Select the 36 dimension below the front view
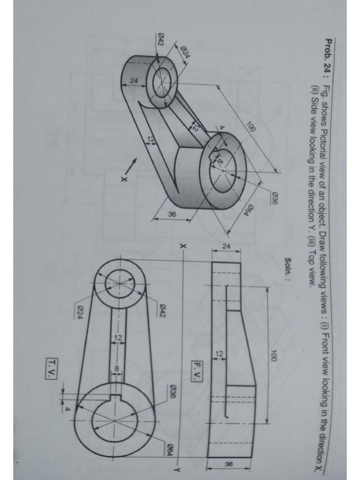point(228,464)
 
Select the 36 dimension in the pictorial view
point(172,214)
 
